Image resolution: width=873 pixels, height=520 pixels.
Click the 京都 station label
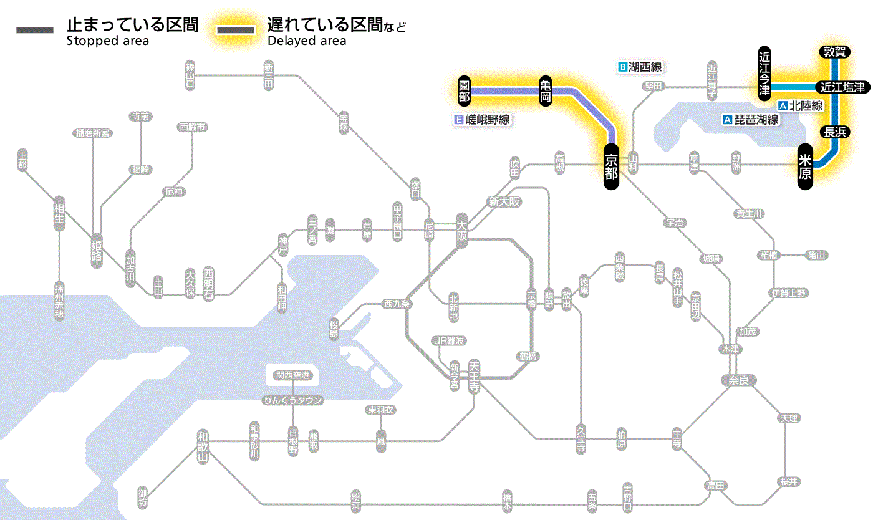[611, 165]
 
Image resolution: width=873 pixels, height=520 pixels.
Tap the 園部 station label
[463, 92]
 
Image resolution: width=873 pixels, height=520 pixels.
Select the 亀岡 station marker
[546, 92]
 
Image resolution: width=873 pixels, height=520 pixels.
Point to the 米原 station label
[805, 166]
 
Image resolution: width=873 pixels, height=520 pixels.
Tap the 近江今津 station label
[764, 74]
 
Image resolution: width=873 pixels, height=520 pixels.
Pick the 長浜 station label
[834, 132]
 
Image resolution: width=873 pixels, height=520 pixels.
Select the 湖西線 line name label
[640, 67]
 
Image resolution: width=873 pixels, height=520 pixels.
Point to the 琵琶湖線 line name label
[751, 120]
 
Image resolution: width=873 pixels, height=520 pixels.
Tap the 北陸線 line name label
[801, 106]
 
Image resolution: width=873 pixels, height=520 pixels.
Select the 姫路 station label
[97, 251]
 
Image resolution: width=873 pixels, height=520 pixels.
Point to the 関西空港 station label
[292, 375]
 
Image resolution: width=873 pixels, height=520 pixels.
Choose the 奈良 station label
[738, 379]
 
